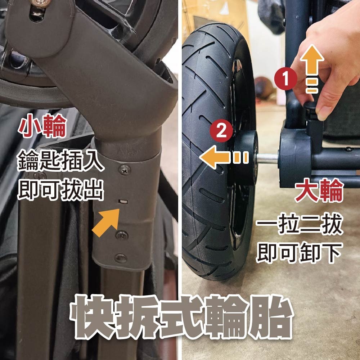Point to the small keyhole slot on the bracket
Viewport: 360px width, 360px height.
[x=123, y=202]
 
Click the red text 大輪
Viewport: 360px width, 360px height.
[x=318, y=193]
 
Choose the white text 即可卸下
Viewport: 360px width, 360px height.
[x=299, y=253]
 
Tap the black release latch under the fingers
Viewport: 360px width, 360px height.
[x=310, y=108]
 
